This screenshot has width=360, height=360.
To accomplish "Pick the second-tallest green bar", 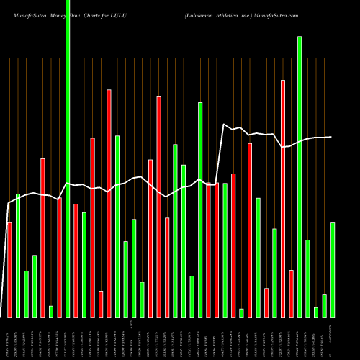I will [x=300, y=176].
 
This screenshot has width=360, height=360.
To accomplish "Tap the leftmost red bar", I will [x=9, y=270].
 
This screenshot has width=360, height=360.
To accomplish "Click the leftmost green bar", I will [x=18, y=256].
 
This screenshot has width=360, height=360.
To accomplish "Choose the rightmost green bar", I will [x=333, y=270].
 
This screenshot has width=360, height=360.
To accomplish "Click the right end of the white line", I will [x=332, y=137].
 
